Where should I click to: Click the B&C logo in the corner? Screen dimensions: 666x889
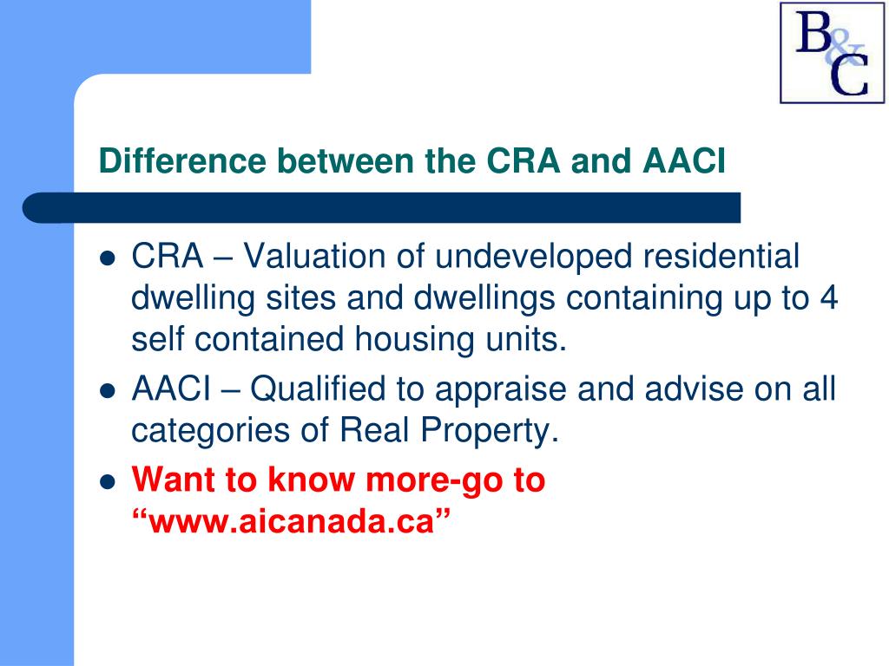pos(831,52)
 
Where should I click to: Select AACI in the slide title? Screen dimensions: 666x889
pos(684,161)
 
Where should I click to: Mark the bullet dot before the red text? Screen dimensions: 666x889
pos(108,482)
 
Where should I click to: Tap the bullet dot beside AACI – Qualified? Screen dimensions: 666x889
pos(108,392)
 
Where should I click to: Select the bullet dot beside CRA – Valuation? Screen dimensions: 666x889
pos(108,258)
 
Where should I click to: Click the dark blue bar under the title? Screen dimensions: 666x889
pos(382,208)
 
